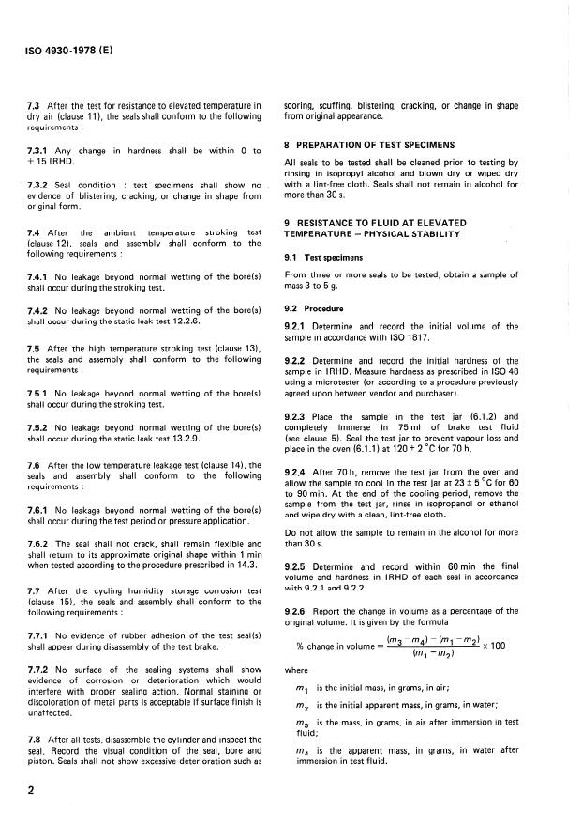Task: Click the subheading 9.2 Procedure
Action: (317, 306)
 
